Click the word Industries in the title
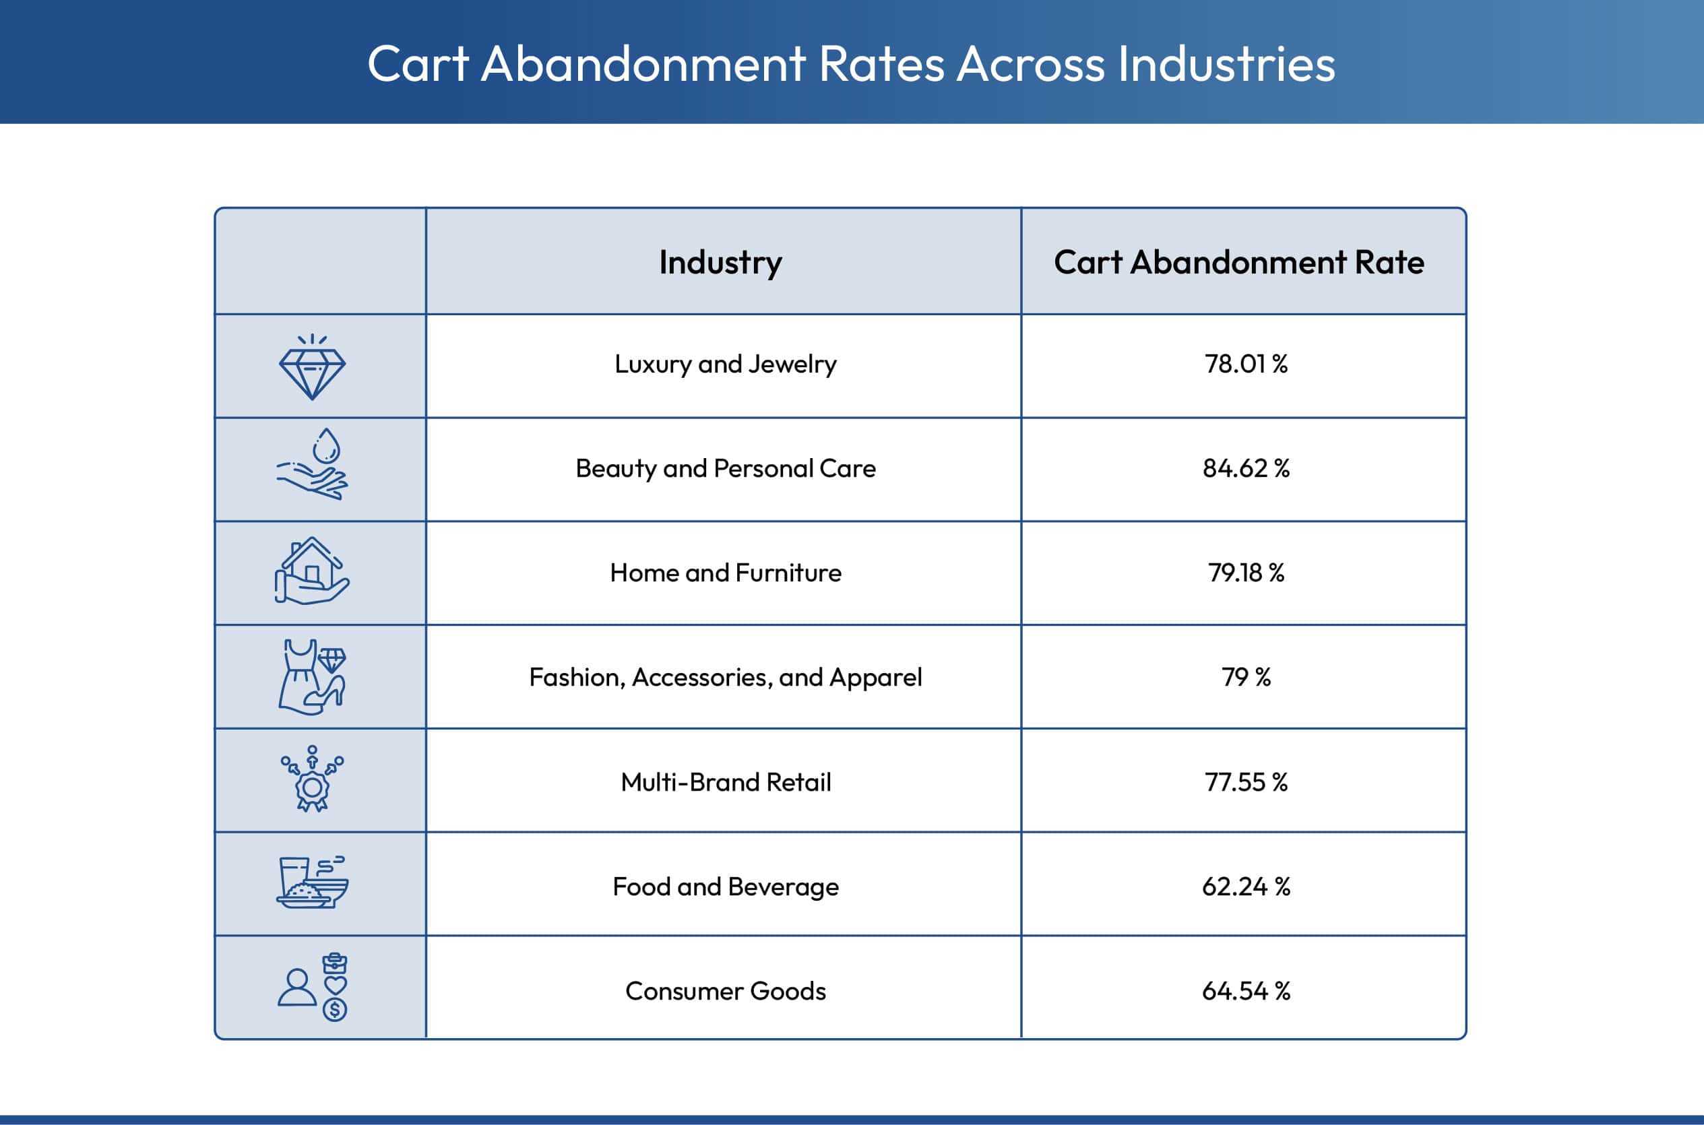[x=1226, y=64]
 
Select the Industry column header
[x=720, y=263]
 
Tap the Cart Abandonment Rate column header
[x=1239, y=263]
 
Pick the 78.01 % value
[x=1246, y=364]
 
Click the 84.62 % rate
[x=1246, y=468]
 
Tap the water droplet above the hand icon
[x=327, y=446]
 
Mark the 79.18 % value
[x=1246, y=573]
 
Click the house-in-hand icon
[x=311, y=573]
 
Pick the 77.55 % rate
[x=1246, y=782]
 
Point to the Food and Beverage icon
[x=312, y=883]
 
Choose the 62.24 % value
[x=1246, y=887]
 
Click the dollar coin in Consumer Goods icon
[x=334, y=1010]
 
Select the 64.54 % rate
[x=1246, y=991]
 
